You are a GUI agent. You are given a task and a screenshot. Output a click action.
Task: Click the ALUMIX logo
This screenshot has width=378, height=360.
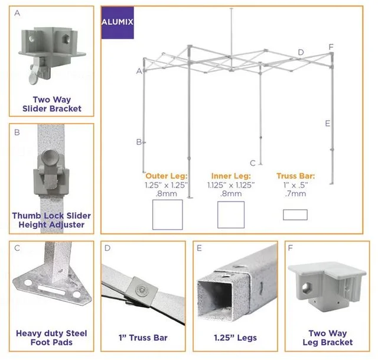click(118, 22)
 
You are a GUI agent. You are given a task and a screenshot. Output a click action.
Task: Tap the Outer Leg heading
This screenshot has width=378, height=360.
click(167, 176)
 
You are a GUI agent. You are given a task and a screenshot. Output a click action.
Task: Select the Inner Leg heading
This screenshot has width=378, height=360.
click(231, 176)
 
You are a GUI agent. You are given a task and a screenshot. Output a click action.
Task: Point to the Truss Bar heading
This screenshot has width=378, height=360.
click(295, 176)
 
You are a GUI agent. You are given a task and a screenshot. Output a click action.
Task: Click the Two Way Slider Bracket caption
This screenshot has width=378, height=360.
click(52, 104)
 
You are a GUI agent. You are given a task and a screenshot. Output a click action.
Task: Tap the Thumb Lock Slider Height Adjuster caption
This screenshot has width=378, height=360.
click(51, 220)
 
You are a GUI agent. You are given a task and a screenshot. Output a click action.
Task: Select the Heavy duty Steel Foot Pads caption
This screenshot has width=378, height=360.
click(51, 338)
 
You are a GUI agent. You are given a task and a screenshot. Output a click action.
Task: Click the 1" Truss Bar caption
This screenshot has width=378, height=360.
click(143, 338)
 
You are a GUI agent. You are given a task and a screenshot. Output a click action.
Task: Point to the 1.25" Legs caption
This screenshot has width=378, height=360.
click(235, 338)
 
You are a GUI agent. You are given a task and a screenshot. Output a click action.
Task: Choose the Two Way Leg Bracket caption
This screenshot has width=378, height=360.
click(328, 338)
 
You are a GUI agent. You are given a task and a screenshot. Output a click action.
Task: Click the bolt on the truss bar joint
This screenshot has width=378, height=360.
click(141, 290)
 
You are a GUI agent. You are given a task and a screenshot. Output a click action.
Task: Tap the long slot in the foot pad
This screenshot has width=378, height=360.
click(51, 290)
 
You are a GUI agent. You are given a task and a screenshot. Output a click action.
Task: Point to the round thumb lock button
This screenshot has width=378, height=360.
click(50, 156)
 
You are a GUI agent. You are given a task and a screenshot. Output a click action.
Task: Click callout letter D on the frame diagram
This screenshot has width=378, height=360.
click(301, 52)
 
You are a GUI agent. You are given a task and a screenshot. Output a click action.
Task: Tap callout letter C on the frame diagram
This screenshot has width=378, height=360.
click(252, 163)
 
